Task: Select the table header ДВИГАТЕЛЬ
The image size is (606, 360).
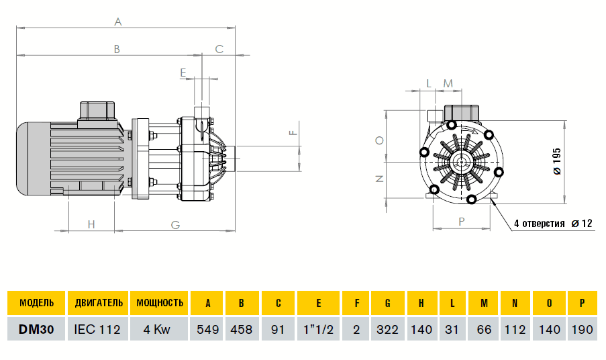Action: coord(98,303)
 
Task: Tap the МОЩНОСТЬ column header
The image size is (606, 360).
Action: coord(160,303)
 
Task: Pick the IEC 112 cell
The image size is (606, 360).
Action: coord(98,330)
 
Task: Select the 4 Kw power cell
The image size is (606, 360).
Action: coord(160,330)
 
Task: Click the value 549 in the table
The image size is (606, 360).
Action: coord(207,330)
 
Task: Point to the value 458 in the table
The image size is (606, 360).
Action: coord(242,330)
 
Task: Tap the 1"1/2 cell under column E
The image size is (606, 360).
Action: coord(318,330)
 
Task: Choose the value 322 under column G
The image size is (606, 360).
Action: coord(387,330)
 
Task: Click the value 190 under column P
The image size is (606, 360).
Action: coord(580,330)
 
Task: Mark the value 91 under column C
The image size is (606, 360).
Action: coord(278,330)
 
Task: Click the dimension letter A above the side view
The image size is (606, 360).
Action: coord(117,22)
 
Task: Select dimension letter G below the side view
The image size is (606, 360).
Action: coord(174,225)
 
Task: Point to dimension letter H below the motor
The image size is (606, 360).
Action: coord(92,225)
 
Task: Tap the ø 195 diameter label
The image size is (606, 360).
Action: coord(556,161)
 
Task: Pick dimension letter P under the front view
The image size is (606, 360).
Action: coord(462,221)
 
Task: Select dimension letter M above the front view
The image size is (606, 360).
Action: coord(448,83)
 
